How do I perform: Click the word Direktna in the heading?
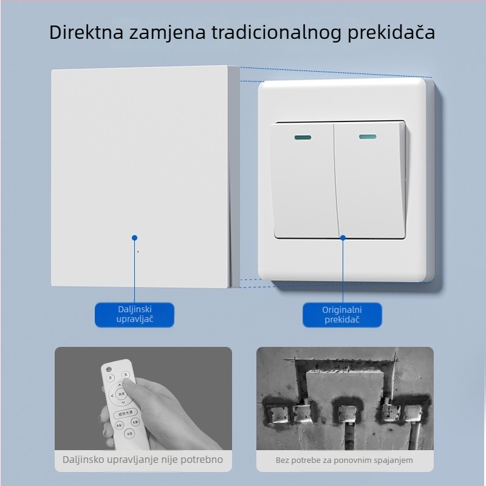pos(86,32)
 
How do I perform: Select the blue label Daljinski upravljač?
pos(134,315)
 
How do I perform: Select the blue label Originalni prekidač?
pos(342,315)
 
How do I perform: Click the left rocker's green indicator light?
pos(301,137)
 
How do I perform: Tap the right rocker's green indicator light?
pos(366,137)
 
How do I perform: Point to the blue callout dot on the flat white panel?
pos(134,238)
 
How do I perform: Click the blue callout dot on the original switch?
pos(343,238)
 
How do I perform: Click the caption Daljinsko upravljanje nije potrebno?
pos(143,460)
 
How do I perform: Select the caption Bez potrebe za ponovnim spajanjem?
pos(344,460)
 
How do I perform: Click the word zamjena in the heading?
pos(158,32)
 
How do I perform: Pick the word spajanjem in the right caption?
pos(392,460)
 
